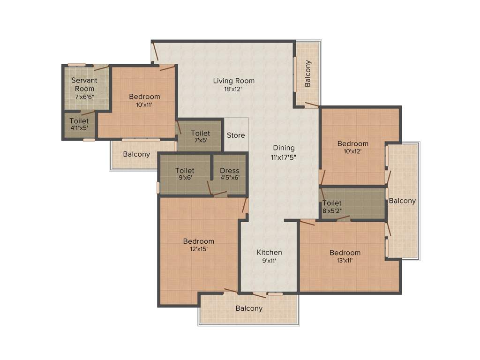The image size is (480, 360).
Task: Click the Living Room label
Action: coord(233,81)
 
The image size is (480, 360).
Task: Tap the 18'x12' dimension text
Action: coord(233,89)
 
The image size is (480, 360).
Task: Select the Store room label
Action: coord(236,135)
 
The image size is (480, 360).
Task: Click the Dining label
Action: coord(284,148)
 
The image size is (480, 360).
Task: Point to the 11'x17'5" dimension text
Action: coord(284,157)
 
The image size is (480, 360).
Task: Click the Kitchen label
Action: coord(269,252)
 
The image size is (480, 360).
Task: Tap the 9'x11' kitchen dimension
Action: coord(269,261)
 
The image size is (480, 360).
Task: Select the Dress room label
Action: coord(229,171)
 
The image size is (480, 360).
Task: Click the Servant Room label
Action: coord(84,84)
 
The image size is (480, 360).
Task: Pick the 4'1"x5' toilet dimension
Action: coord(79,127)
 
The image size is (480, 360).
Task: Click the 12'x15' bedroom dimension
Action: coord(198,249)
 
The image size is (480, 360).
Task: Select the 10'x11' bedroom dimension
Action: coord(144,105)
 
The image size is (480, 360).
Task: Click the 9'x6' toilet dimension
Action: coord(184,178)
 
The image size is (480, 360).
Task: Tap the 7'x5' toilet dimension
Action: coord(200,140)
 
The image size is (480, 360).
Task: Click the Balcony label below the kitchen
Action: coord(249,308)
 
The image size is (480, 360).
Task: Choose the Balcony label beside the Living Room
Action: coord(308,74)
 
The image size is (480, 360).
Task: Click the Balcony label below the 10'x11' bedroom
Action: coord(136,154)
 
